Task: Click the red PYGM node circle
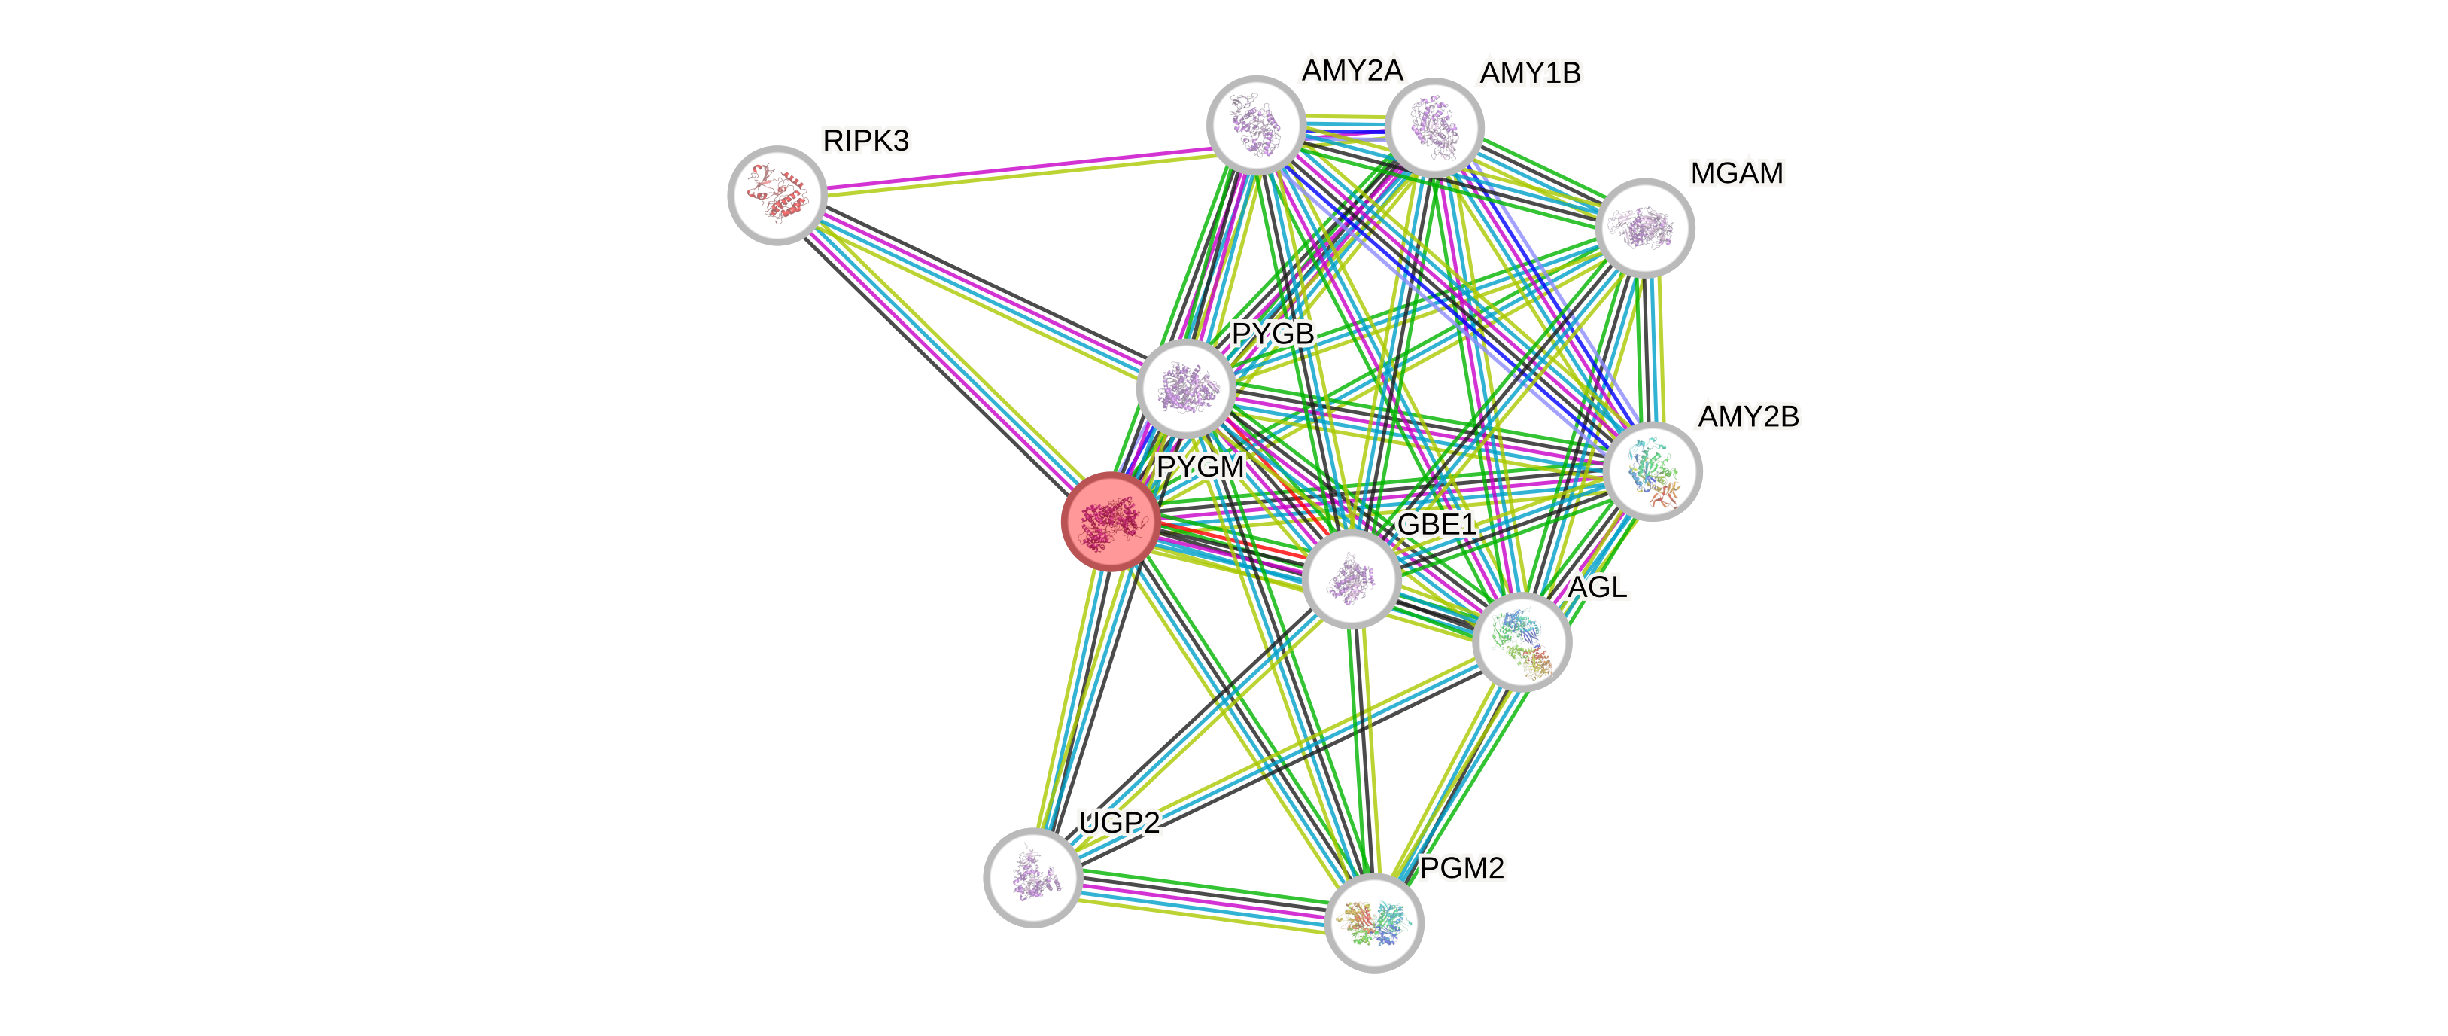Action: [1109, 522]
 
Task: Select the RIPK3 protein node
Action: [777, 195]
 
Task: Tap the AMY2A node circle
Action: [1255, 124]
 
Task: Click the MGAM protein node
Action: [1645, 228]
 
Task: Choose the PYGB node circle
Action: [1185, 387]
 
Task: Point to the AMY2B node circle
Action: [1653, 471]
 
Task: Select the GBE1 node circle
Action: [1350, 579]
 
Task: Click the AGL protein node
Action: [1522, 641]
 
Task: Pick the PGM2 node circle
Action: [1373, 923]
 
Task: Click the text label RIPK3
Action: [865, 141]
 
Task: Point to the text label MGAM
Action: [1736, 173]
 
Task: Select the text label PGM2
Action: [1461, 868]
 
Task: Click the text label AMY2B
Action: [1749, 416]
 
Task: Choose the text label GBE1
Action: [1436, 524]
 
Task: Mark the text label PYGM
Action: [1200, 467]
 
